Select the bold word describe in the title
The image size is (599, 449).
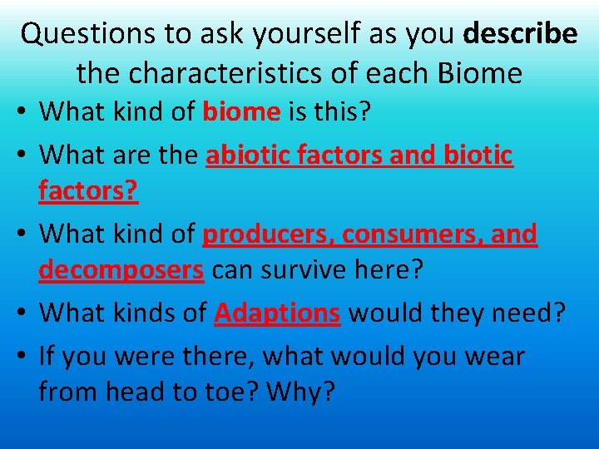(520, 33)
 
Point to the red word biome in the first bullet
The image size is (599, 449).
(241, 111)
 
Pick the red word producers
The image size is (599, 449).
(269, 234)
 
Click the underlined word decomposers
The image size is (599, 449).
(121, 270)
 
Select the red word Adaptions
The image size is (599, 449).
(277, 313)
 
